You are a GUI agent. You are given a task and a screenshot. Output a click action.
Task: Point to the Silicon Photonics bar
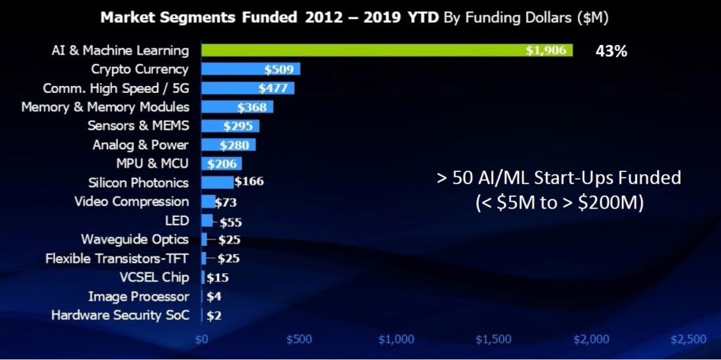click(x=217, y=182)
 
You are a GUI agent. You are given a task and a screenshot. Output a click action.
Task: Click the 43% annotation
click(x=611, y=51)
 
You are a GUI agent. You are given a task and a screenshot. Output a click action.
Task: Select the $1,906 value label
click(x=546, y=51)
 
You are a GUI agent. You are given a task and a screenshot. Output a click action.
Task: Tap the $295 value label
click(x=237, y=126)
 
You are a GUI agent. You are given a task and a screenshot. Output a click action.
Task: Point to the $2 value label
click(x=214, y=316)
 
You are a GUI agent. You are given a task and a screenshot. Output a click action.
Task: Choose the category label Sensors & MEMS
click(x=138, y=125)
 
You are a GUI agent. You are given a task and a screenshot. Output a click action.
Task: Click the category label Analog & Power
click(x=141, y=144)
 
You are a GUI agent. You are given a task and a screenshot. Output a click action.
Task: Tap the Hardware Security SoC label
click(x=120, y=315)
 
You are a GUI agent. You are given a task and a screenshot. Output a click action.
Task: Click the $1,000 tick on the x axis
click(x=396, y=340)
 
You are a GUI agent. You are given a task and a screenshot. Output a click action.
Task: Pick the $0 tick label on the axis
click(x=201, y=340)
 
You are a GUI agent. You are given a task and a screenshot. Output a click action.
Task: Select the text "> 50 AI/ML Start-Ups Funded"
click(x=558, y=178)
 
